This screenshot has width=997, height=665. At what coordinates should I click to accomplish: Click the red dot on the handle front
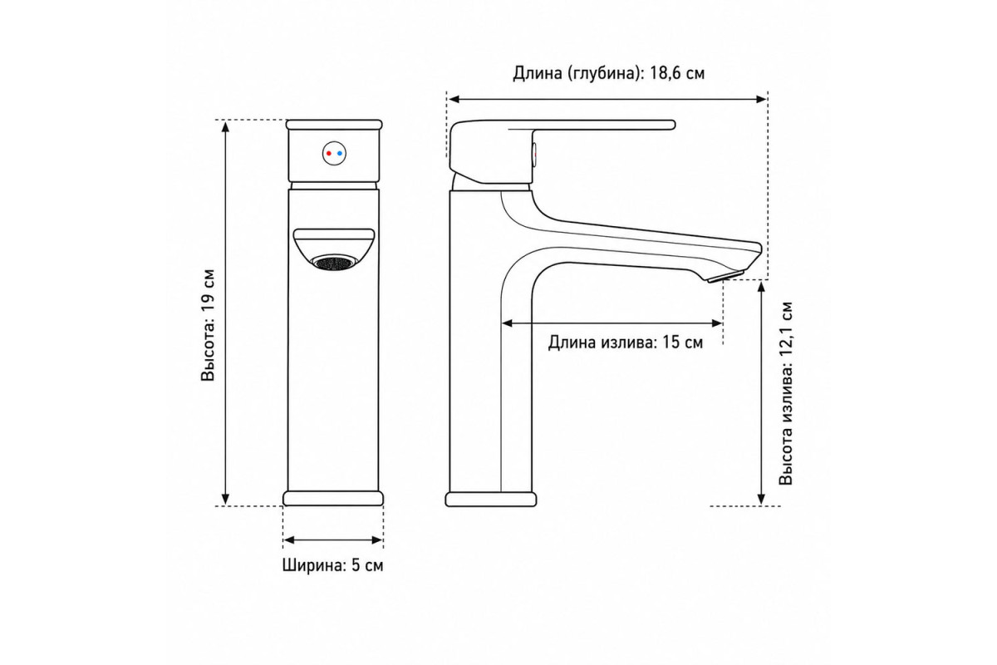click(x=328, y=153)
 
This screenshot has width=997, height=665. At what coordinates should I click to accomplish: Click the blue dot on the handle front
click(x=340, y=153)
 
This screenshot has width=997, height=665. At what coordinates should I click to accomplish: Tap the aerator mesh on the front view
click(x=334, y=263)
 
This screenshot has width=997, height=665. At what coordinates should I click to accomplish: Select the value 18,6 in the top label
click(x=665, y=73)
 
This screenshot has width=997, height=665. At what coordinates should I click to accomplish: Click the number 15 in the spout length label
click(x=670, y=342)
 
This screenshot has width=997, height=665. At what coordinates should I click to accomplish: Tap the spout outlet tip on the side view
click(x=725, y=276)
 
